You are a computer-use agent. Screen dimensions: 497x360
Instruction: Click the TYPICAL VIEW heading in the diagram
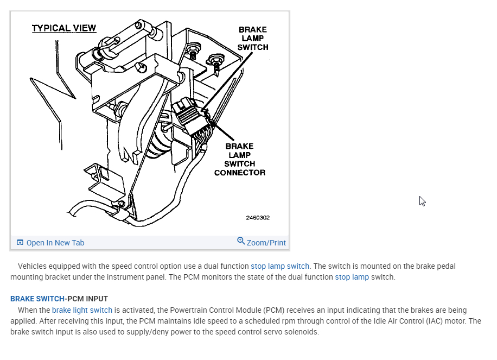pos(64,28)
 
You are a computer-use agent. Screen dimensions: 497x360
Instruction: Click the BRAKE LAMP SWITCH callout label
pos(252,39)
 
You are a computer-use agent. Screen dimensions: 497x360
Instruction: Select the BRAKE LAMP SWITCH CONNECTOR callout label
pos(240,160)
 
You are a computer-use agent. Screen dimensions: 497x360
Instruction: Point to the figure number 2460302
pos(258,218)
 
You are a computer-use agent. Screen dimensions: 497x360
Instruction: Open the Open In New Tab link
pos(55,243)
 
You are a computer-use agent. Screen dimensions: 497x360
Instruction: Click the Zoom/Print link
pos(266,243)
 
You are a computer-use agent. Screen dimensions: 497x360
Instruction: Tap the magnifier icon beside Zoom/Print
pos(241,241)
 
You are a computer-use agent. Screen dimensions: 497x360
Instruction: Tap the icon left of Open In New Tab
pos(20,243)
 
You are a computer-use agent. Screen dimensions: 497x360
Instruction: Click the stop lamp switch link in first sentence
pos(280,266)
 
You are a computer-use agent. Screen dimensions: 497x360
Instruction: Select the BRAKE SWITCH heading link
pos(37,299)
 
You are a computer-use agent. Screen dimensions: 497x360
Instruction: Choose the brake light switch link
pos(82,310)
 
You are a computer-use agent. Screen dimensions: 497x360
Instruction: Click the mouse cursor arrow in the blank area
pos(422,201)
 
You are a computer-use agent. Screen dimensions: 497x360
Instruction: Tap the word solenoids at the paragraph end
pos(302,332)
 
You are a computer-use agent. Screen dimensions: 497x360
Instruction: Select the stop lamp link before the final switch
pos(352,277)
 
